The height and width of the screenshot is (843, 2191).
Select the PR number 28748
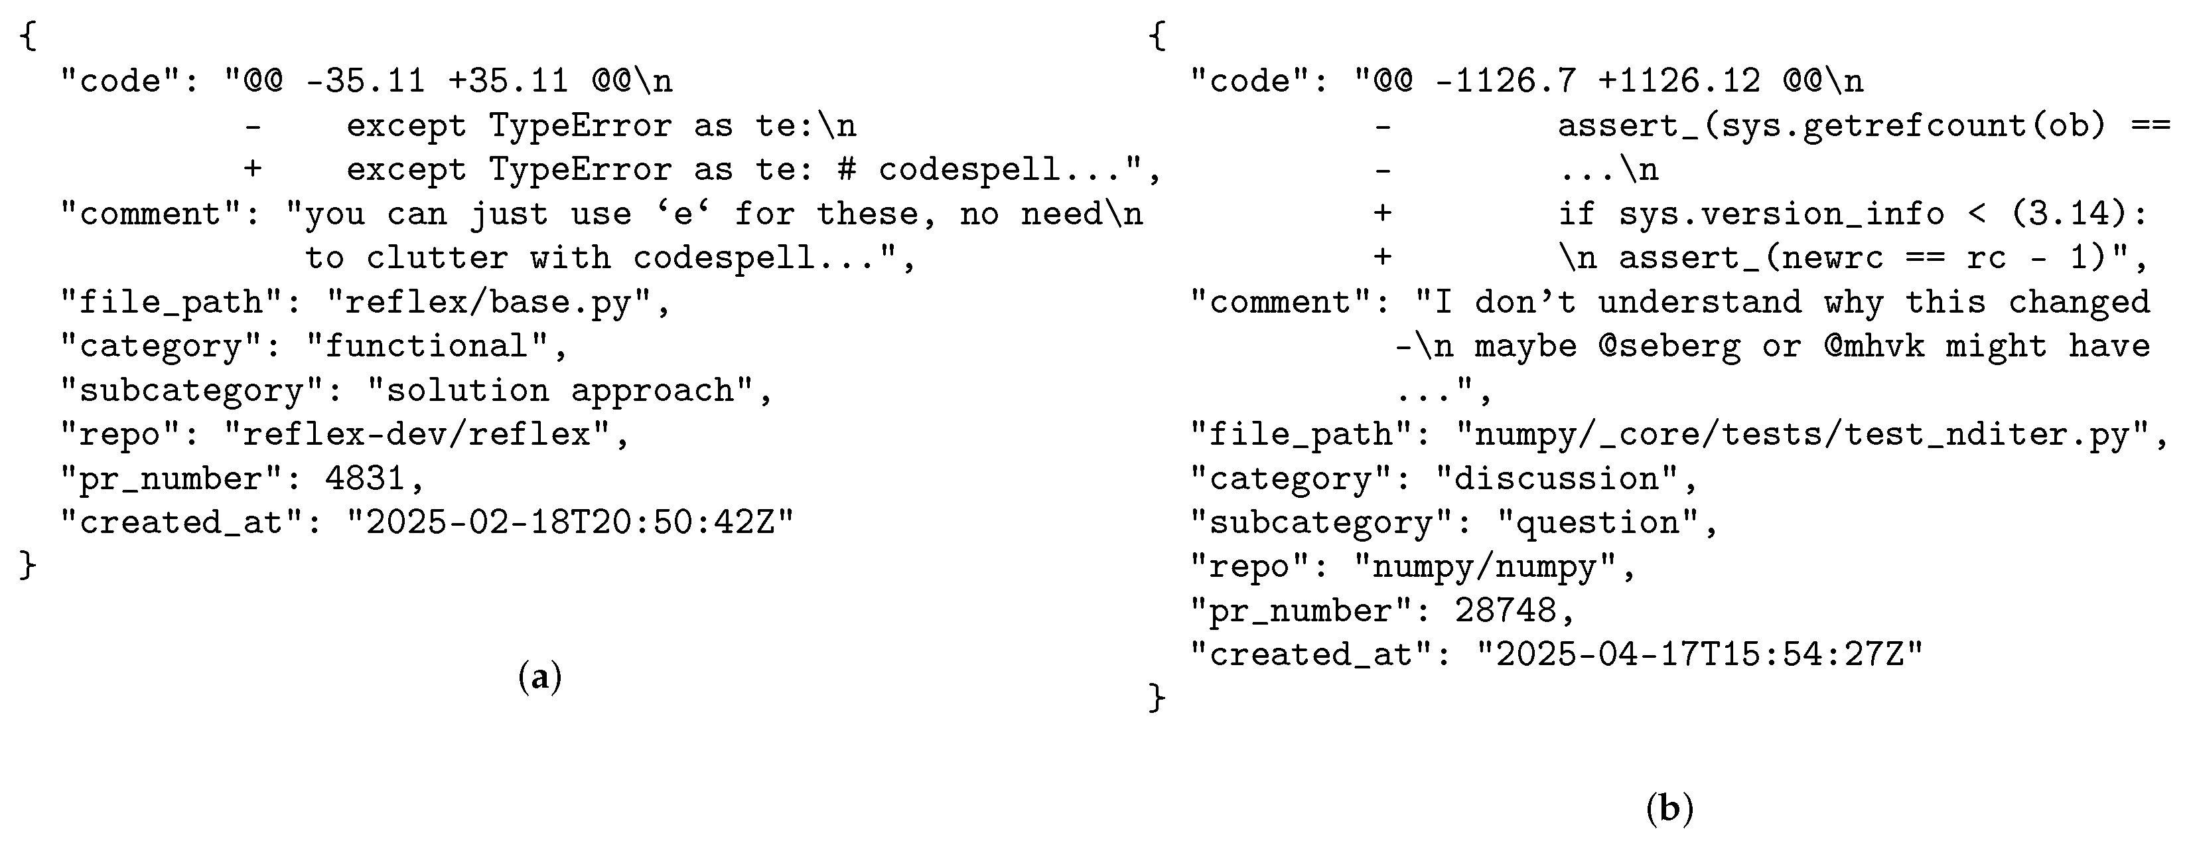point(1505,611)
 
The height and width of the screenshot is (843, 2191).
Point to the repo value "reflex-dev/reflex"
point(417,435)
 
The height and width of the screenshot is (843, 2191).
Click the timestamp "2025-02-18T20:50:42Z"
point(570,522)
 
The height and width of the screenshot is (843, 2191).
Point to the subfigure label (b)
point(1669,807)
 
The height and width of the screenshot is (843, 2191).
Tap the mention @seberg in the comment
point(1669,347)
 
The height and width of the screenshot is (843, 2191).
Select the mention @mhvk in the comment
point(1874,347)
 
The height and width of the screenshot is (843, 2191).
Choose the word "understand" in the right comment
point(1699,303)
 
